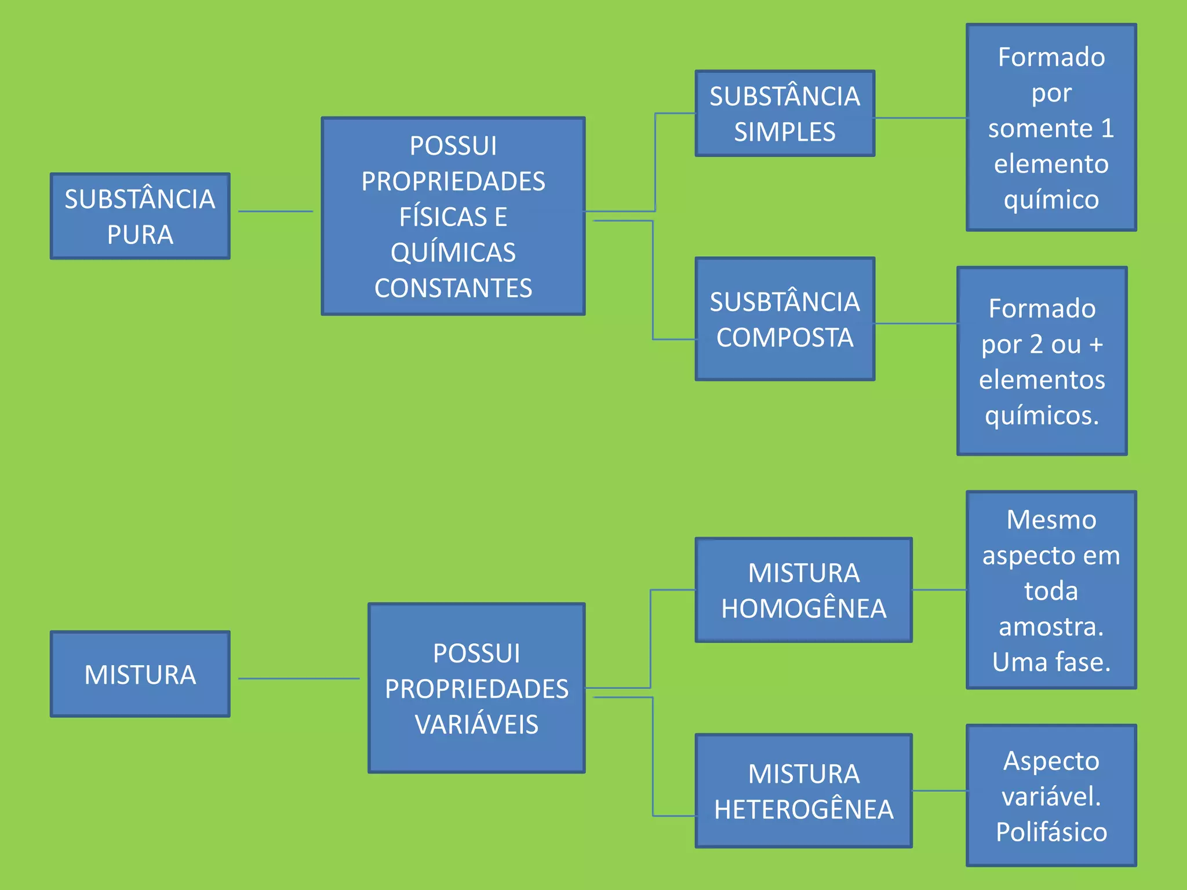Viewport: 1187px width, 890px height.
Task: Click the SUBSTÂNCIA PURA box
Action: [x=140, y=216]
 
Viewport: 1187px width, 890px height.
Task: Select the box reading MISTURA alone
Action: [x=140, y=674]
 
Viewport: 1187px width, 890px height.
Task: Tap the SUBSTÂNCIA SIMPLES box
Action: [x=785, y=114]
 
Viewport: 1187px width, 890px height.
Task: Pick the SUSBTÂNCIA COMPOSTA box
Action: [x=785, y=319]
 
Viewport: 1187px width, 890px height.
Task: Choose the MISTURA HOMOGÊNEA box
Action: [x=803, y=590]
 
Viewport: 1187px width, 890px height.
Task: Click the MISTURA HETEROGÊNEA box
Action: [x=803, y=791]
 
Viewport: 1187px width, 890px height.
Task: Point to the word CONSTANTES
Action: [x=453, y=288]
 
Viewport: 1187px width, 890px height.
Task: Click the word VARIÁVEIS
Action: [x=476, y=724]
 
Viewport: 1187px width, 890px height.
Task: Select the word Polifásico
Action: [x=1051, y=832]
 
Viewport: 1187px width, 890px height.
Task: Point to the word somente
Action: [x=1040, y=128]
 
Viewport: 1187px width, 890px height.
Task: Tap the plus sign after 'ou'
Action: [x=1095, y=345]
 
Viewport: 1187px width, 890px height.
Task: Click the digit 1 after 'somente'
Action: [x=1108, y=128]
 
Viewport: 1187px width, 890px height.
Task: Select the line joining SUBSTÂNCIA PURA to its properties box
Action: [x=275, y=211]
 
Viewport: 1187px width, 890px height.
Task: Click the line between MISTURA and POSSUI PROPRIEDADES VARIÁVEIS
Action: [x=298, y=679]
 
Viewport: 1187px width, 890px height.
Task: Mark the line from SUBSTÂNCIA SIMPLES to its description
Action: [x=920, y=118]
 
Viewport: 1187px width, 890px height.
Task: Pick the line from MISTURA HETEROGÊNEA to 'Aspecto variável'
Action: [x=940, y=791]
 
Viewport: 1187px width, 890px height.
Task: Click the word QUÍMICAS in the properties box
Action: [x=453, y=253]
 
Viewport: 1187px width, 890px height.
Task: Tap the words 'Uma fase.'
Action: [x=1051, y=662]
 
